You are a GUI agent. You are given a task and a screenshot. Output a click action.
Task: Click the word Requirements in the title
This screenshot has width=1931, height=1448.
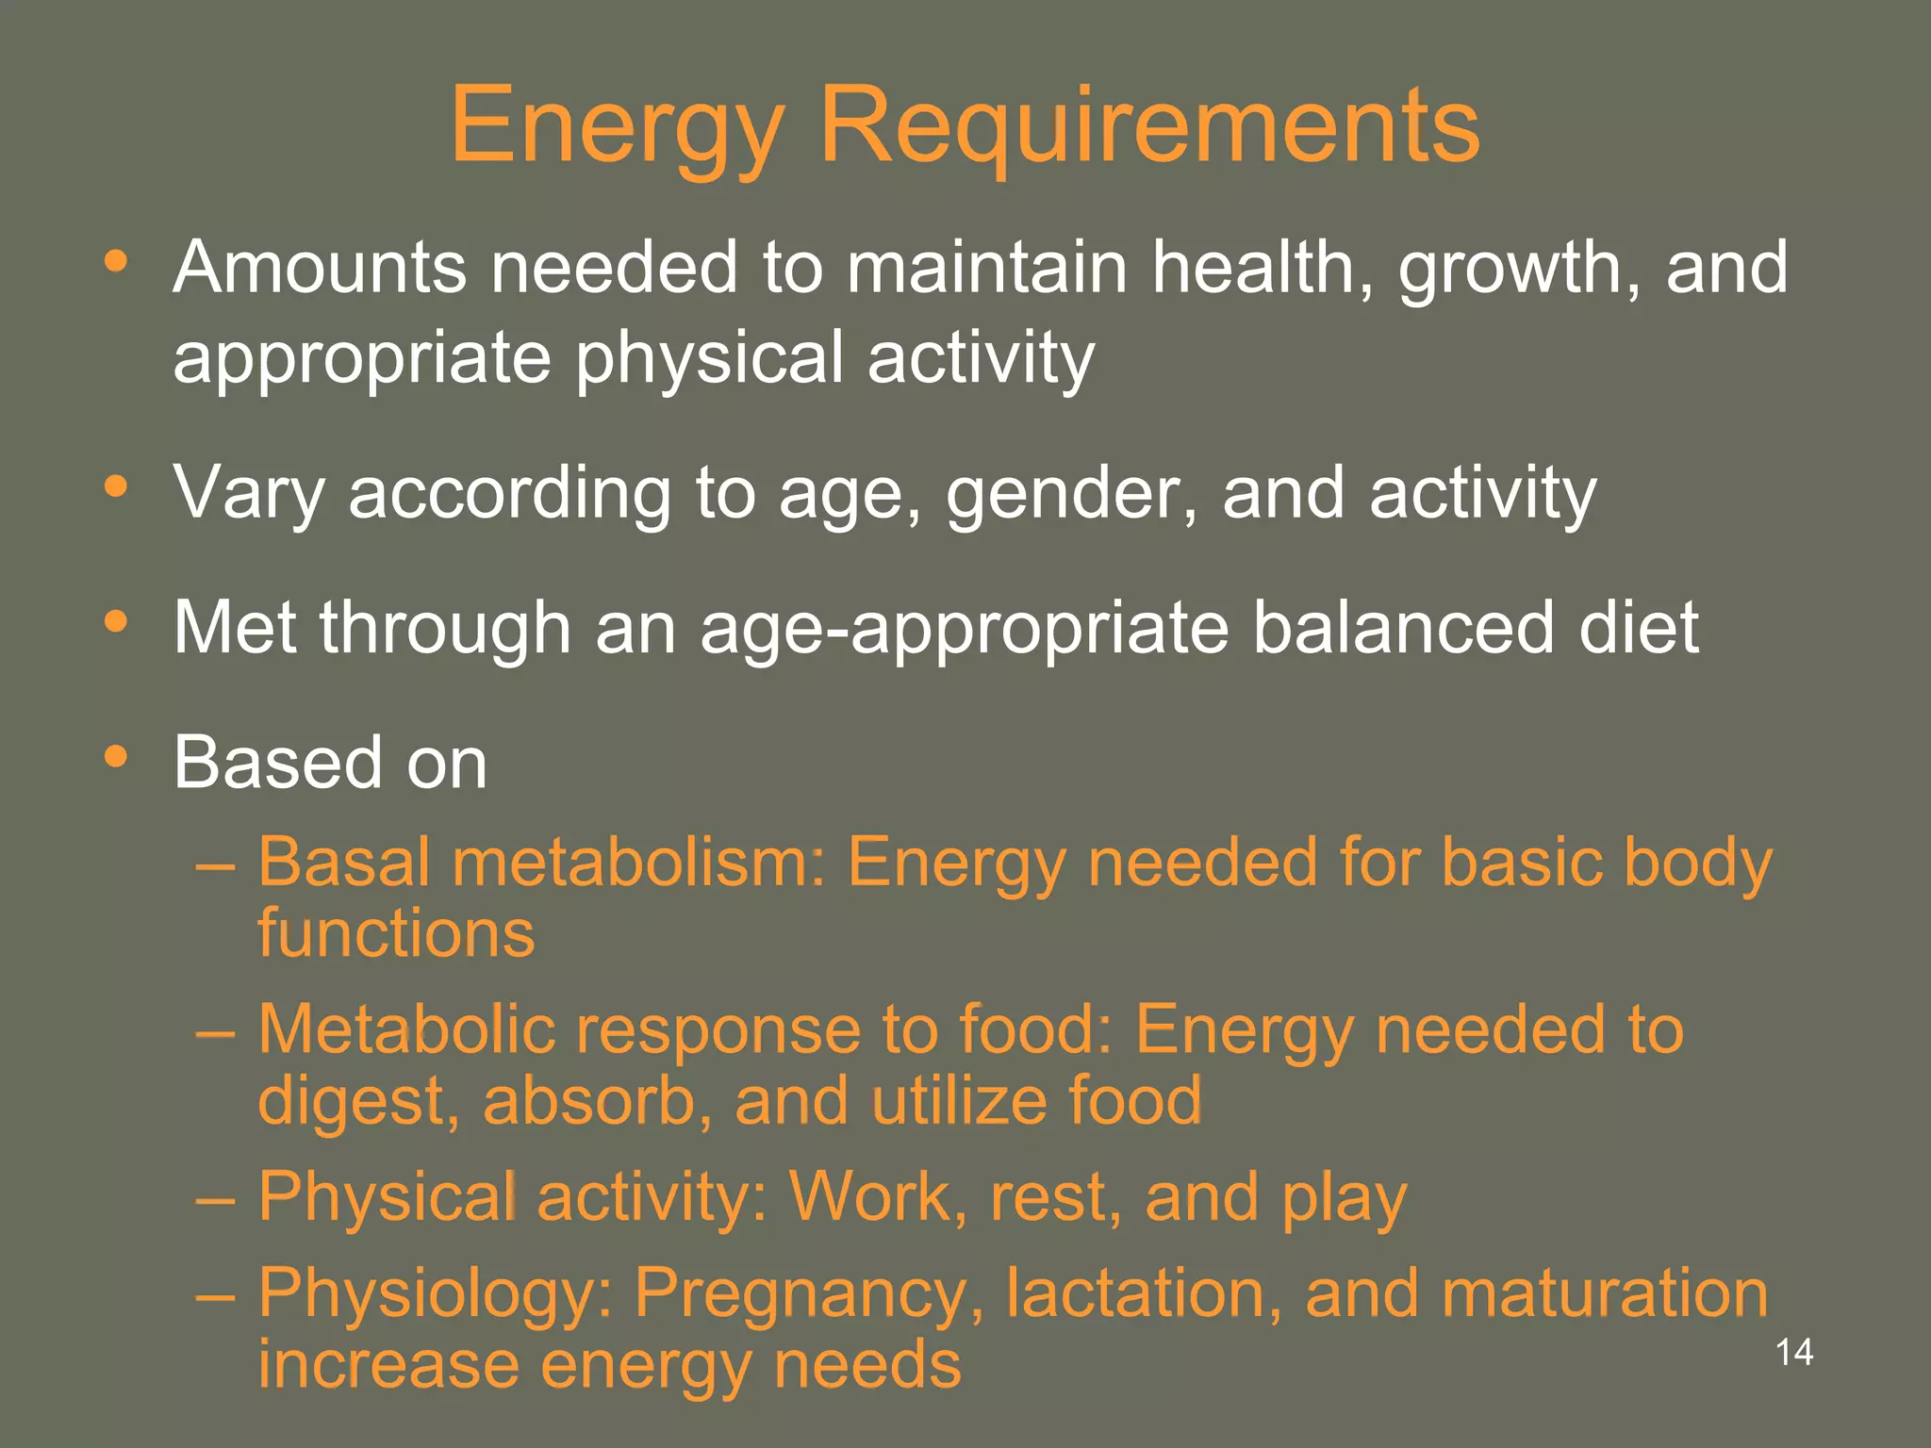(x=1149, y=126)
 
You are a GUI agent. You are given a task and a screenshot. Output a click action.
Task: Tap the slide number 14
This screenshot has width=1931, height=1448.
(x=1793, y=1352)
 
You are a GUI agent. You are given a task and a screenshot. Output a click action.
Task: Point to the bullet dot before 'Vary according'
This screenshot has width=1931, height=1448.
(x=116, y=486)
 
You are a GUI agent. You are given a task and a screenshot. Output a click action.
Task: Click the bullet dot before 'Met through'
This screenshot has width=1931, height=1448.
(x=116, y=621)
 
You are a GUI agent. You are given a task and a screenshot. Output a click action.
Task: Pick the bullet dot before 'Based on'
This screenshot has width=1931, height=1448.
(x=116, y=756)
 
